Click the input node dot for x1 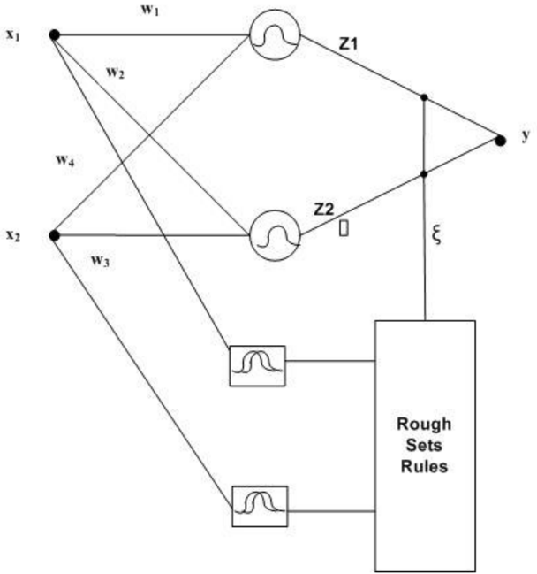(x=54, y=35)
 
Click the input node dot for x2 (x=54, y=236)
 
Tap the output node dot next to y (x=501, y=141)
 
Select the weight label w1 (x=150, y=11)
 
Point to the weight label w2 (x=115, y=73)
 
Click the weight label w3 (x=100, y=261)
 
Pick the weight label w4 (x=65, y=160)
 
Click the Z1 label (x=348, y=44)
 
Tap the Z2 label (x=324, y=210)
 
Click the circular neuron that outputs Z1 (x=275, y=34)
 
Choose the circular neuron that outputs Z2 (x=275, y=235)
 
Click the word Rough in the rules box (x=424, y=425)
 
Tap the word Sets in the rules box (x=424, y=446)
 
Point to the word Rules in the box (x=424, y=466)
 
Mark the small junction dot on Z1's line (x=424, y=97)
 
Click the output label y (x=526, y=135)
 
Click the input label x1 (x=12, y=35)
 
